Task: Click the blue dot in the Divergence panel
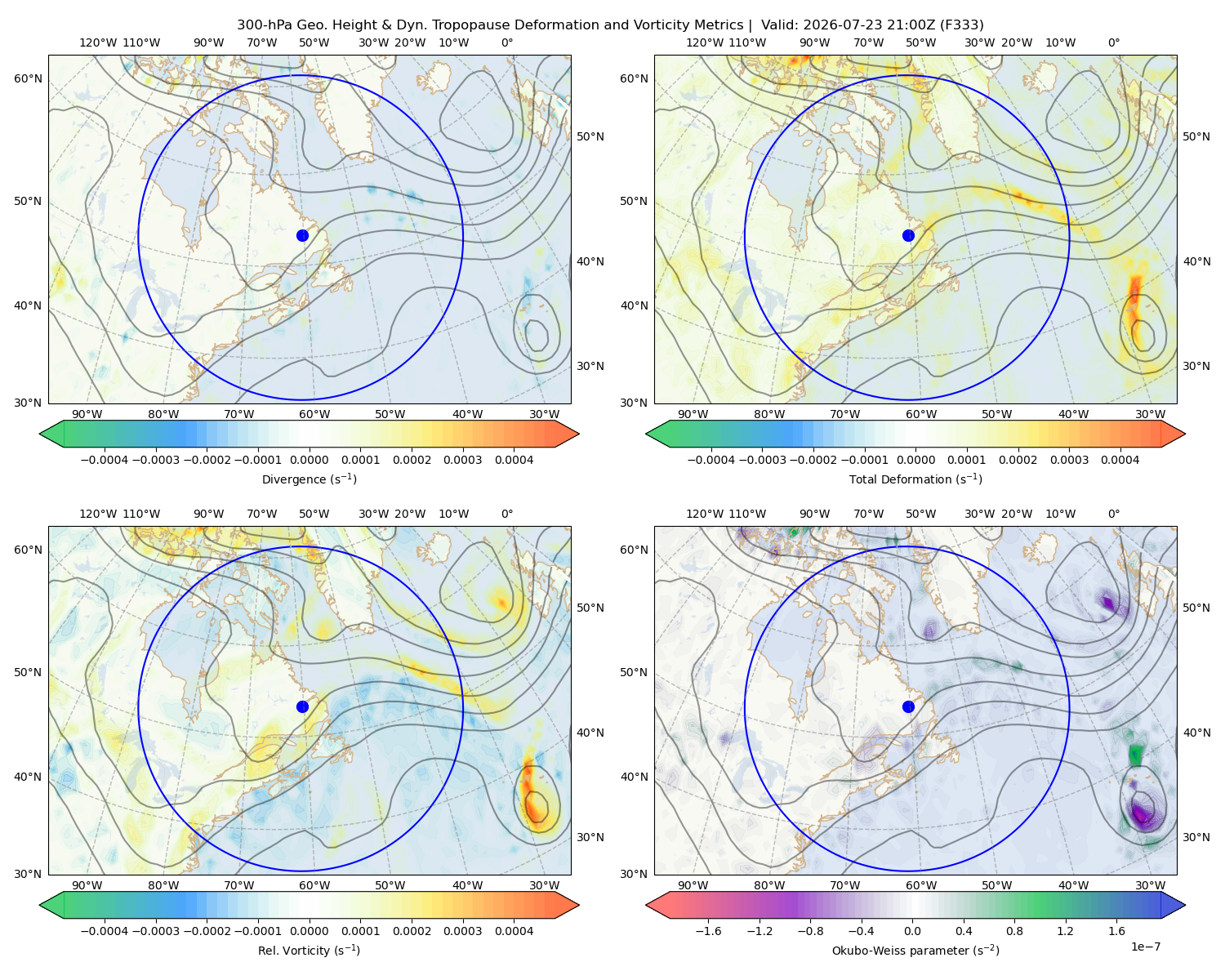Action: pyautogui.click(x=302, y=236)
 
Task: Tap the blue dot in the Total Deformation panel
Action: pyautogui.click(x=908, y=236)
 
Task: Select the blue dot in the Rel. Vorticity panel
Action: pyautogui.click(x=302, y=706)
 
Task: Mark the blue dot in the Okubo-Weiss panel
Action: pyautogui.click(x=908, y=706)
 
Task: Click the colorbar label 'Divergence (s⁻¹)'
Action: pyautogui.click(x=309, y=479)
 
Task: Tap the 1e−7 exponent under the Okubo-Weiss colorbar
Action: pyautogui.click(x=1145, y=947)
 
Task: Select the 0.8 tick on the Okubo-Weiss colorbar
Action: pyautogui.click(x=1014, y=931)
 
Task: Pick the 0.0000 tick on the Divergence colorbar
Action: pyautogui.click(x=309, y=460)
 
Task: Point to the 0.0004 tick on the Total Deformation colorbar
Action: pyautogui.click(x=1120, y=460)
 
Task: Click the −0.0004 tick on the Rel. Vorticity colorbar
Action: pyautogui.click(x=105, y=931)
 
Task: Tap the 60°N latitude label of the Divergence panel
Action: pyautogui.click(x=28, y=78)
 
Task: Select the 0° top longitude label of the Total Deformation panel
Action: pyautogui.click(x=1113, y=42)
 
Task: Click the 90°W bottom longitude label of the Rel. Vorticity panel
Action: pyautogui.click(x=87, y=885)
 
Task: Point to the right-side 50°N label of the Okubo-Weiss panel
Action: pyautogui.click(x=1196, y=608)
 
